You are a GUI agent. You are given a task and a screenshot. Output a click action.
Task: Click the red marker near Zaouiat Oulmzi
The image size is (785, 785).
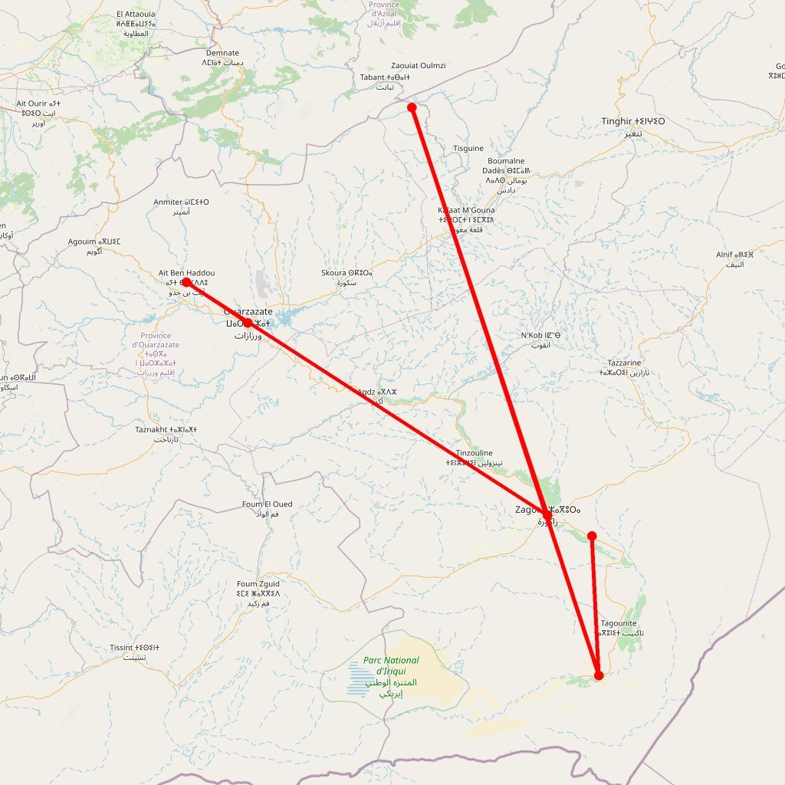pyautogui.click(x=412, y=107)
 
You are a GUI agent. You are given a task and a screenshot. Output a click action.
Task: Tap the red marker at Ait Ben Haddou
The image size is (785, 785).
pyautogui.click(x=186, y=282)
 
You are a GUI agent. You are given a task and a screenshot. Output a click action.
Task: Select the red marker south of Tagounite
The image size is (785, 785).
pyautogui.click(x=599, y=675)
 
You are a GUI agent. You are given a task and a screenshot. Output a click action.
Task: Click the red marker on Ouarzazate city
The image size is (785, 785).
pyautogui.click(x=247, y=323)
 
